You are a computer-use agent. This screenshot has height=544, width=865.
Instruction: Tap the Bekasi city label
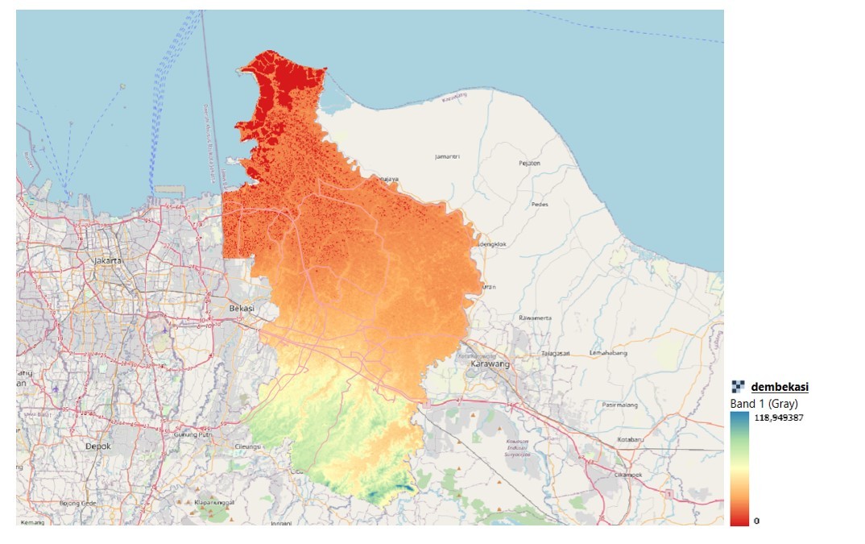[x=242, y=309]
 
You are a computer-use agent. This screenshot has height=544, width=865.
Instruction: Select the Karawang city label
[x=490, y=364]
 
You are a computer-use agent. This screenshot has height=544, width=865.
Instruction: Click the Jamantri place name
[x=446, y=156]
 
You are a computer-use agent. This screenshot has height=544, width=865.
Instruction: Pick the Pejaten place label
[x=529, y=163]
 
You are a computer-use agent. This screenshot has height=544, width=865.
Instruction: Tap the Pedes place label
[x=540, y=204]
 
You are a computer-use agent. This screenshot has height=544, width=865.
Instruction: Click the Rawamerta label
[x=536, y=318]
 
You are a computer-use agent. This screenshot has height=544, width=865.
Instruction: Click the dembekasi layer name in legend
[x=779, y=388]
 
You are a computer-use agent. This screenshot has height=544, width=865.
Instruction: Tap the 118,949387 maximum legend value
[x=778, y=417]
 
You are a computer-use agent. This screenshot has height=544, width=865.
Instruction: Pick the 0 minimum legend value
[x=756, y=521]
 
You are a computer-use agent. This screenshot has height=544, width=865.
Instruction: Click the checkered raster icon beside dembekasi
[x=738, y=387]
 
